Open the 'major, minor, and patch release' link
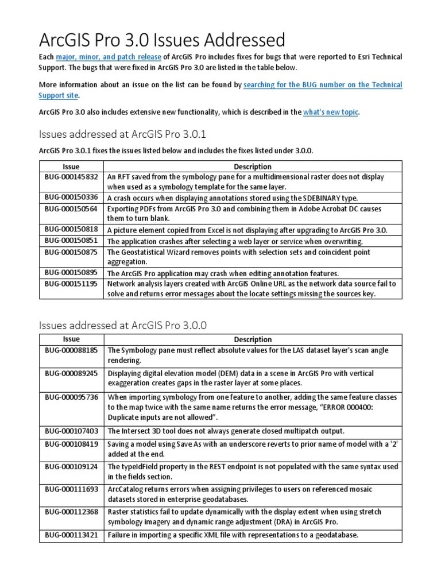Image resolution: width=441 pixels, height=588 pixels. tap(109, 57)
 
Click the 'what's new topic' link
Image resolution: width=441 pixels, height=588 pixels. tap(330, 112)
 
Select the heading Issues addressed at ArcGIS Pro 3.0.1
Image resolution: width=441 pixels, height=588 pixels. tap(122, 134)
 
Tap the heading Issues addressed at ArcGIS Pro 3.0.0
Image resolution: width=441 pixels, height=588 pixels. tap(122, 326)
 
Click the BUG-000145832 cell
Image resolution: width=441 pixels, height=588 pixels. tap(71, 177)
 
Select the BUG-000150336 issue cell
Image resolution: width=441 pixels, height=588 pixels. tap(71, 197)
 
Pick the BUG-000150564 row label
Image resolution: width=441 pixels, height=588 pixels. tap(71, 209)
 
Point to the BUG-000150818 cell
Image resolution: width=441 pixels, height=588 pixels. tap(71, 229)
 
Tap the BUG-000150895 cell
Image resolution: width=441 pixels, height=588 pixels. tap(71, 273)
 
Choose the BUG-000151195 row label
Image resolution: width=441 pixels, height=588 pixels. tap(71, 284)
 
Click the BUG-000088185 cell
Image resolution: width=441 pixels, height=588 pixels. tap(71, 349)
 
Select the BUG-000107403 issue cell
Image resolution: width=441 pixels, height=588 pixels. tap(71, 431)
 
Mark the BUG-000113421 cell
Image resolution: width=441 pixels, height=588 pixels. tap(71, 535)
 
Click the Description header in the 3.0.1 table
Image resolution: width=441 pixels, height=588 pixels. tap(253, 167)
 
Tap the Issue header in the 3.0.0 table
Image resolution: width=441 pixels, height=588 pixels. tap(71, 339)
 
